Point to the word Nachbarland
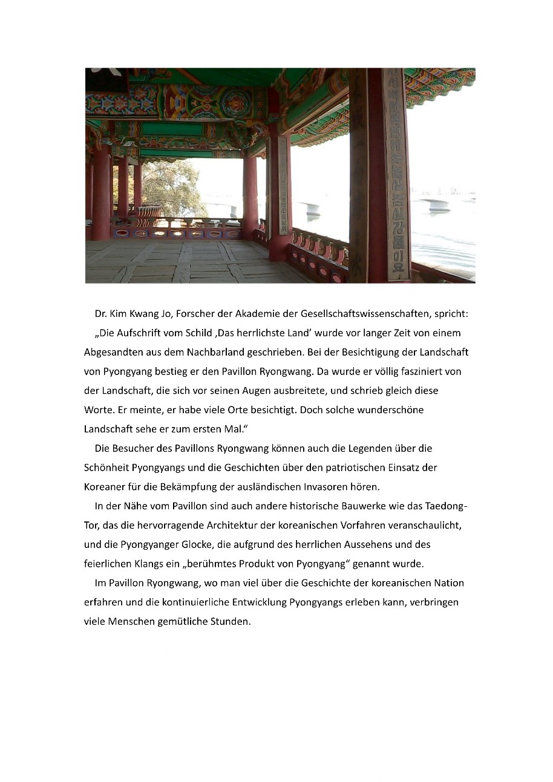(x=271, y=353)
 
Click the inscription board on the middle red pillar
(x=282, y=187)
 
